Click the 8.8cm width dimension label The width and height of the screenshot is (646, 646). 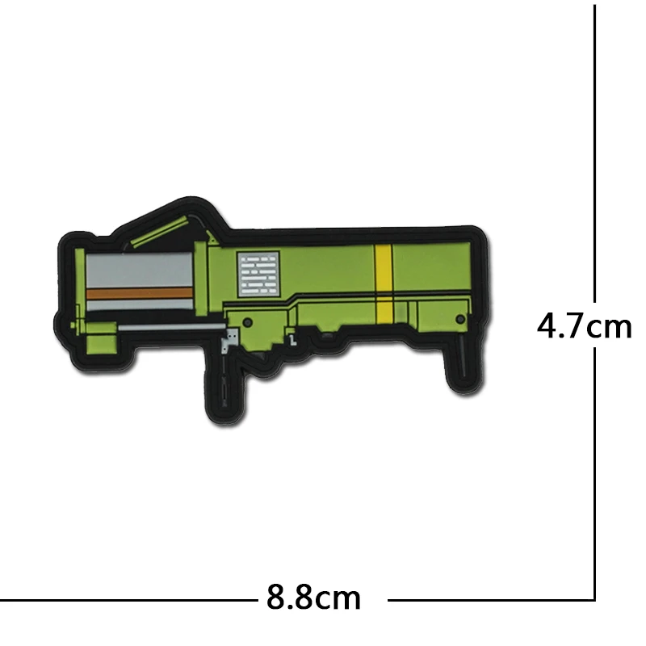click(313, 597)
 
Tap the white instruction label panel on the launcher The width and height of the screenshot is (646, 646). click(258, 274)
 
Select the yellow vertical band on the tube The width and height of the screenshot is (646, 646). click(384, 284)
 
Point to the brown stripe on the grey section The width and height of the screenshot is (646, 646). click(139, 293)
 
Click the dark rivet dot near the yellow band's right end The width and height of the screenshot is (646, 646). click(460, 319)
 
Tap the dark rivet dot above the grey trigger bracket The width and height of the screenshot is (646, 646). click(248, 322)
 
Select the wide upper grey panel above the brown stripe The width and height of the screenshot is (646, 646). click(139, 271)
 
